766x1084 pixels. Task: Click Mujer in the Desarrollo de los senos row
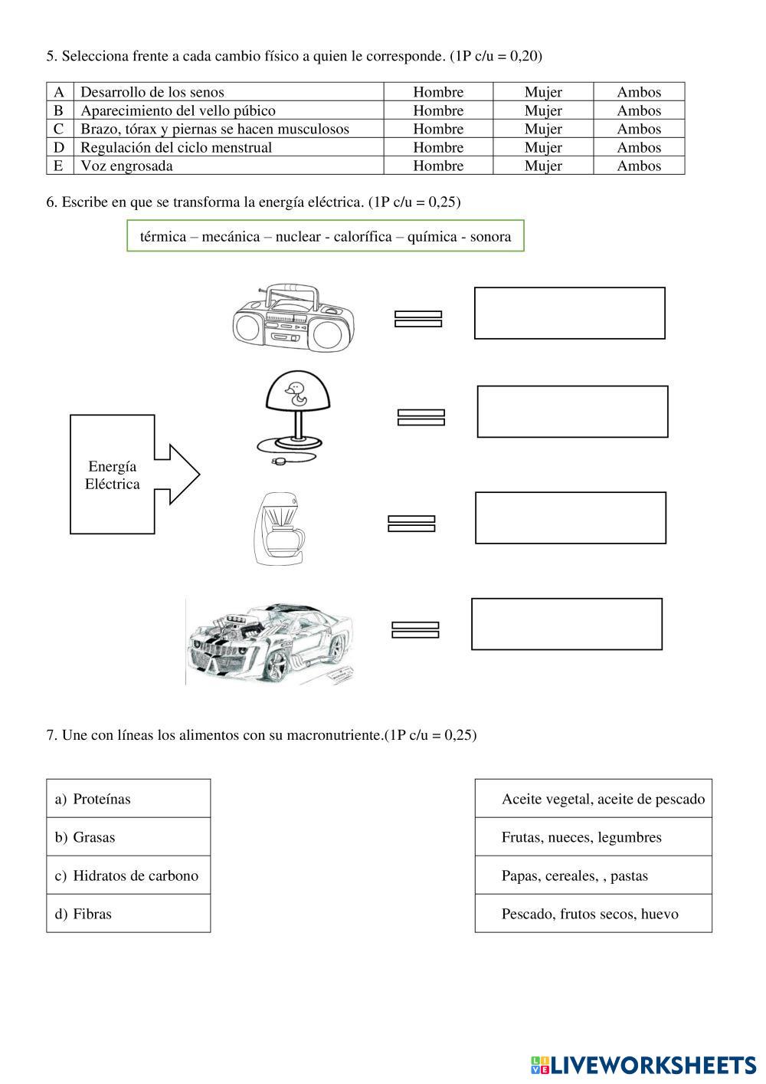point(543,92)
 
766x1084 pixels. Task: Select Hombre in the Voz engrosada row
point(438,166)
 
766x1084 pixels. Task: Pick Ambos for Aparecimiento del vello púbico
point(639,110)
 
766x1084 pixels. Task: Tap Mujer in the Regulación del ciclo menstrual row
point(543,147)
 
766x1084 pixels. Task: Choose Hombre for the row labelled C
point(438,129)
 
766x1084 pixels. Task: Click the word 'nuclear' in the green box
point(298,236)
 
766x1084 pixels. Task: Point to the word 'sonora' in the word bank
point(490,236)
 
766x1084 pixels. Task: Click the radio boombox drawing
point(293,318)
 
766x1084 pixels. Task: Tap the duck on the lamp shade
point(293,395)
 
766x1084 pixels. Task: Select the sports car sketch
point(270,640)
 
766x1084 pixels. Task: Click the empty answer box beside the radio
point(569,313)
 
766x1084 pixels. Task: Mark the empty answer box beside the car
point(566,624)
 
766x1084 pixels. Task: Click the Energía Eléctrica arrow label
point(113,475)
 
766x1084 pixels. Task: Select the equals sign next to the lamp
point(421,417)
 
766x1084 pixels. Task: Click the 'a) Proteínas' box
point(129,799)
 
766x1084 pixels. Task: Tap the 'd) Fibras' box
point(129,914)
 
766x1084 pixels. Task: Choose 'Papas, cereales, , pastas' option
point(593,875)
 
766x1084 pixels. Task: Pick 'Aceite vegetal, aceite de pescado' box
point(593,799)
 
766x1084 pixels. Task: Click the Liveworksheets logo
point(643,1064)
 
